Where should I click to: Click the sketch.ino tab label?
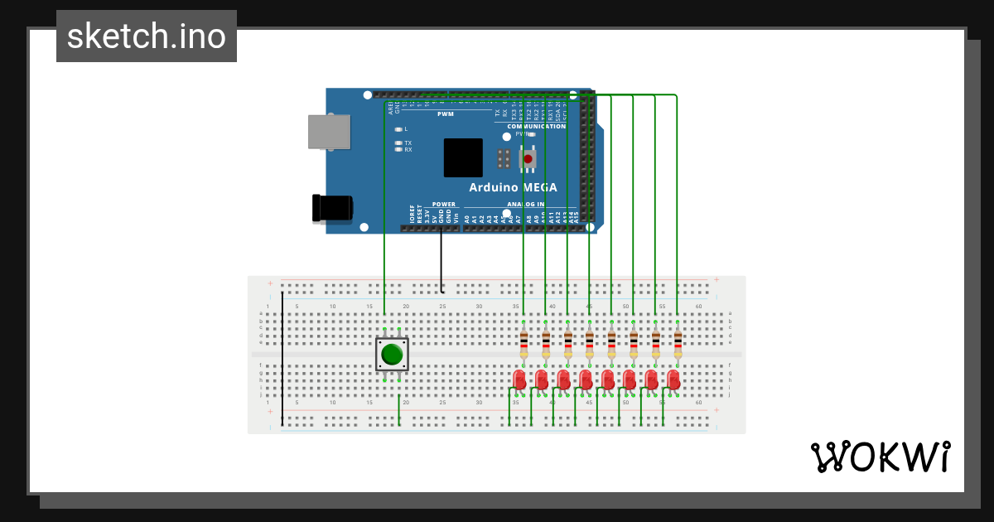click(147, 36)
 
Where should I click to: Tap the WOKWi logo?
click(880, 457)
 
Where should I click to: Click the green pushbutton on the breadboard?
click(392, 355)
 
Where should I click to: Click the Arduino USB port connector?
click(329, 132)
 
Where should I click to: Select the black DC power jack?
click(331, 208)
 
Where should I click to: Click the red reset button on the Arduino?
click(528, 157)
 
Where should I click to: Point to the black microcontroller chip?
click(463, 157)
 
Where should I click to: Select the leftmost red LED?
click(519, 379)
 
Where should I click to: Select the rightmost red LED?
click(673, 379)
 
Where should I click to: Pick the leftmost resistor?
click(524, 342)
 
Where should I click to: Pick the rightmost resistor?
click(678, 342)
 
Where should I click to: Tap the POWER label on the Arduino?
click(444, 204)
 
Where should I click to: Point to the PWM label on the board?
click(445, 114)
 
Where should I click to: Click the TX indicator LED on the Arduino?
click(398, 143)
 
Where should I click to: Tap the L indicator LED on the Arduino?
click(398, 129)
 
